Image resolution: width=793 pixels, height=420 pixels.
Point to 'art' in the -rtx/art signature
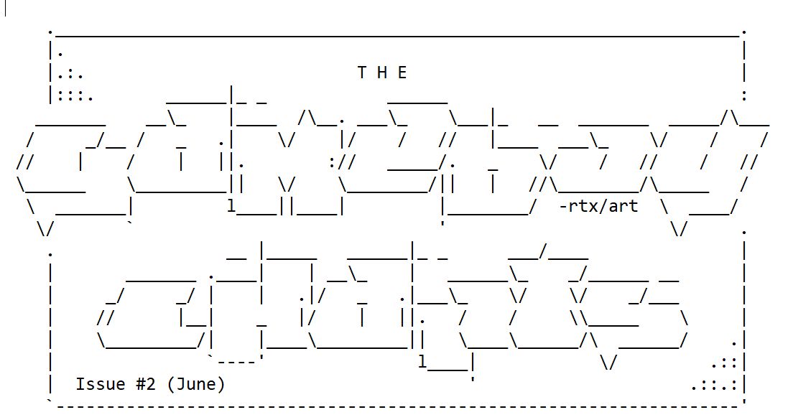623,207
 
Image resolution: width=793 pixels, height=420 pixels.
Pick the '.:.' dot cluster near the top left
70,73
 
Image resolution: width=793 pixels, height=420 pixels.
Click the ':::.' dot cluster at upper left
75,94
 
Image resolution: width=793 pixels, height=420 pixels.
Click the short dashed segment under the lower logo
237,357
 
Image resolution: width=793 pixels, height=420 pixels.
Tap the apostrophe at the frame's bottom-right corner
744,402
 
